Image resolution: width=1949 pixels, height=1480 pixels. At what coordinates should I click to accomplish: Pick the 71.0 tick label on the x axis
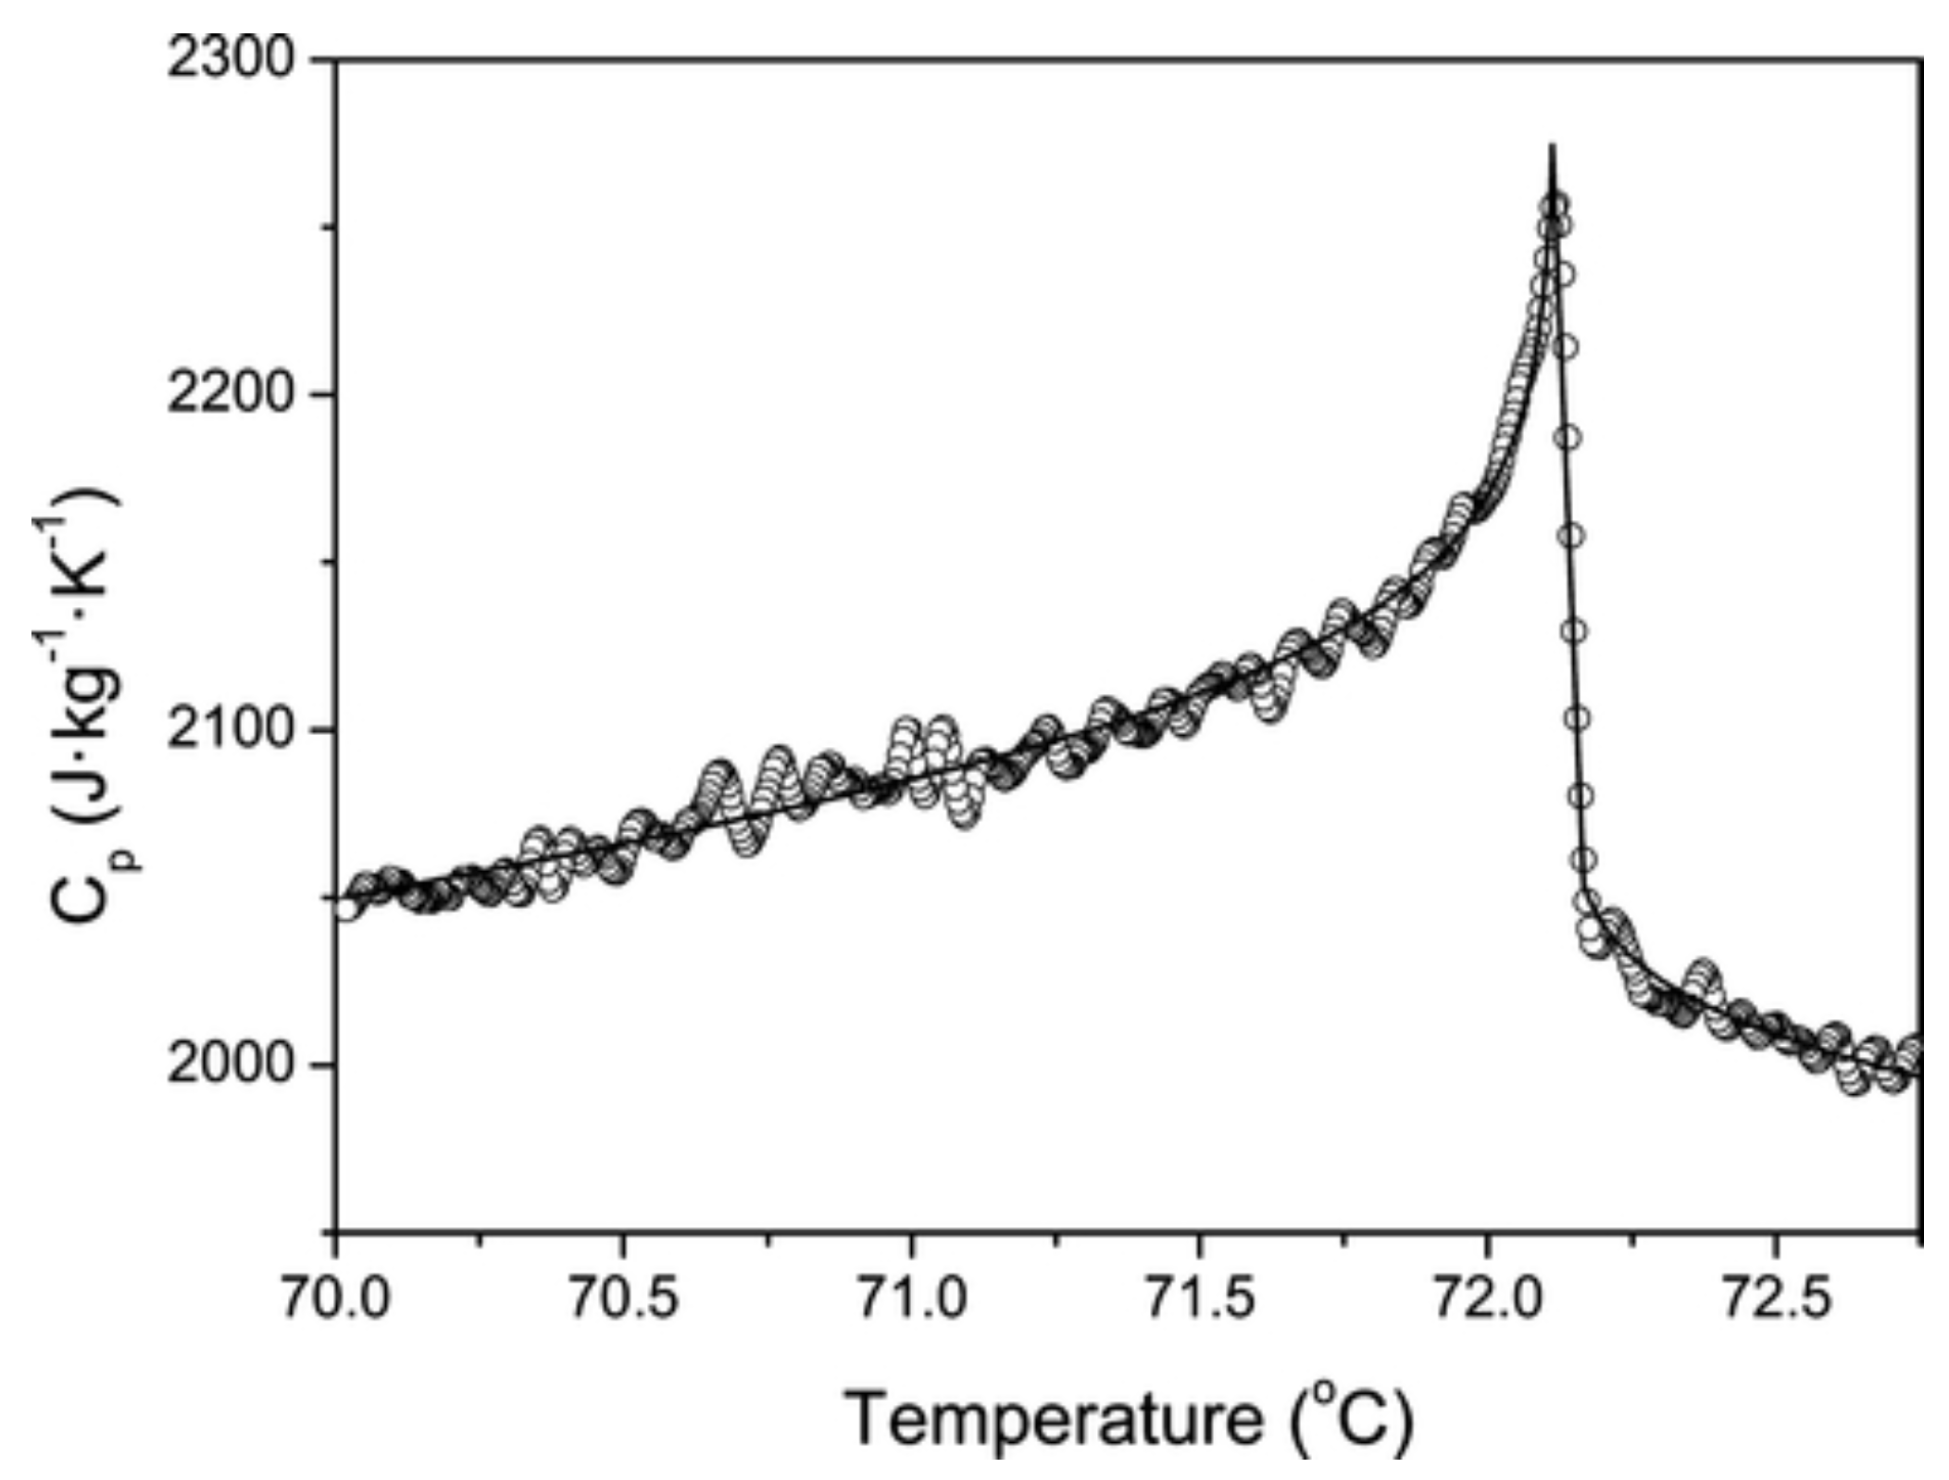(911, 1301)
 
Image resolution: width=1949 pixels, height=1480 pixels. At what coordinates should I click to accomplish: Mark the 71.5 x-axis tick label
(1199, 1301)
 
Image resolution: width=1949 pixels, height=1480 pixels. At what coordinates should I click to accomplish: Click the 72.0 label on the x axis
(1487, 1301)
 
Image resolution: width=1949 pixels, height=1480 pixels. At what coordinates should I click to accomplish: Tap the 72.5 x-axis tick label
(1775, 1301)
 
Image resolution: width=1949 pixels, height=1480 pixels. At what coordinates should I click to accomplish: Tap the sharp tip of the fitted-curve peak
(1553, 146)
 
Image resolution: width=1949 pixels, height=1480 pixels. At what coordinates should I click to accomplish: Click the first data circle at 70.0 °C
(346, 908)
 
